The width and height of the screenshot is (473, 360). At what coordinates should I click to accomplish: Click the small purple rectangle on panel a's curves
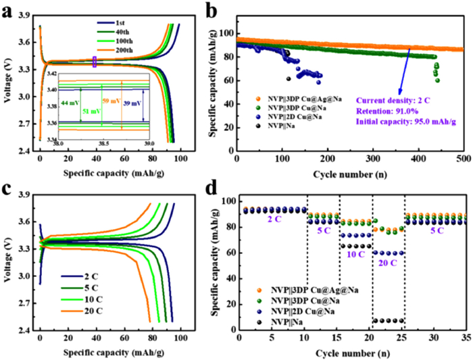click(95, 61)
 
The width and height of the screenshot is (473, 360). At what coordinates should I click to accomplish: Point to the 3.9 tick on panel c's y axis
click(28, 195)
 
